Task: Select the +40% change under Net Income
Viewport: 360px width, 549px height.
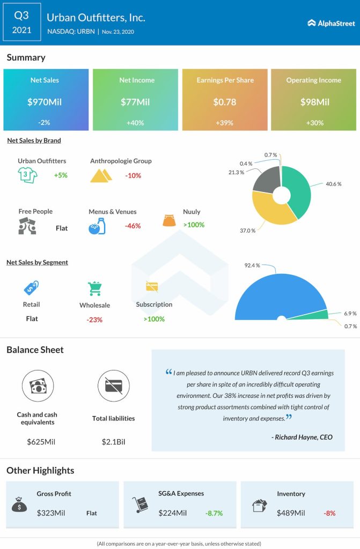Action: [136, 122]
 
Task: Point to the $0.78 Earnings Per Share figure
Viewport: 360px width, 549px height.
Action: [225, 101]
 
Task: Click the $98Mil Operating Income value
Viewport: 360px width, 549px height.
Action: [313, 101]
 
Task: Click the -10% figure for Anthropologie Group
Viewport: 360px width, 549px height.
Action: [134, 175]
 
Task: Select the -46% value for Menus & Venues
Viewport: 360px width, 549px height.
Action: [133, 226]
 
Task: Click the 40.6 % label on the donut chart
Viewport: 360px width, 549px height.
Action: [332, 184]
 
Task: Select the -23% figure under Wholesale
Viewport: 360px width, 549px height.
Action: [94, 320]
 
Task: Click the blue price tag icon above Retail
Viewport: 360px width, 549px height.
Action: [31, 288]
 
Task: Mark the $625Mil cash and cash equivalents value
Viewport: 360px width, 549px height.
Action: [41, 442]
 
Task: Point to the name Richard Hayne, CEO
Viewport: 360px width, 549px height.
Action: [302, 437]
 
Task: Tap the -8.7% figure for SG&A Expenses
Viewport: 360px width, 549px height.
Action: [214, 513]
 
